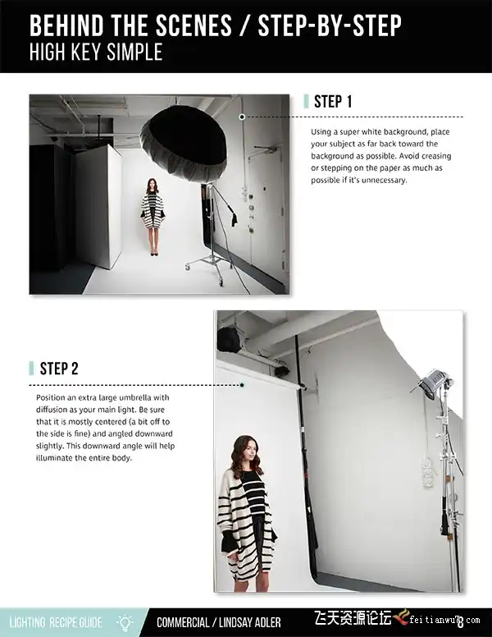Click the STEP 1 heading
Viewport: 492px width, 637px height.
[333, 102]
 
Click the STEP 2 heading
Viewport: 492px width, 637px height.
[59, 369]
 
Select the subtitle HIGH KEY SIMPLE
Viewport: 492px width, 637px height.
[96, 52]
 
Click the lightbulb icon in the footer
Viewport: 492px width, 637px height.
[125, 622]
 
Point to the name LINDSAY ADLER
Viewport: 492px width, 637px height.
[249, 622]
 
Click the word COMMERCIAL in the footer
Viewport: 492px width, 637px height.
[183, 622]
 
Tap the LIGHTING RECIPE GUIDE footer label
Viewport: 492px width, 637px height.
[56, 622]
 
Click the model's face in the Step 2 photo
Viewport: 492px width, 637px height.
[250, 451]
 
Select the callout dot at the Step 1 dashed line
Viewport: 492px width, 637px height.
[242, 117]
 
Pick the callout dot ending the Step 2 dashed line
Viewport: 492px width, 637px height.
[242, 385]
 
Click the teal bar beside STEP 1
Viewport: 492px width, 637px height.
[307, 102]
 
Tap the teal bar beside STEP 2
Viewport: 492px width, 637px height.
[32, 369]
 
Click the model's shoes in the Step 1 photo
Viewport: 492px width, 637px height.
[153, 253]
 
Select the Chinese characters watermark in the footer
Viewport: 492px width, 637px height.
[353, 619]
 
